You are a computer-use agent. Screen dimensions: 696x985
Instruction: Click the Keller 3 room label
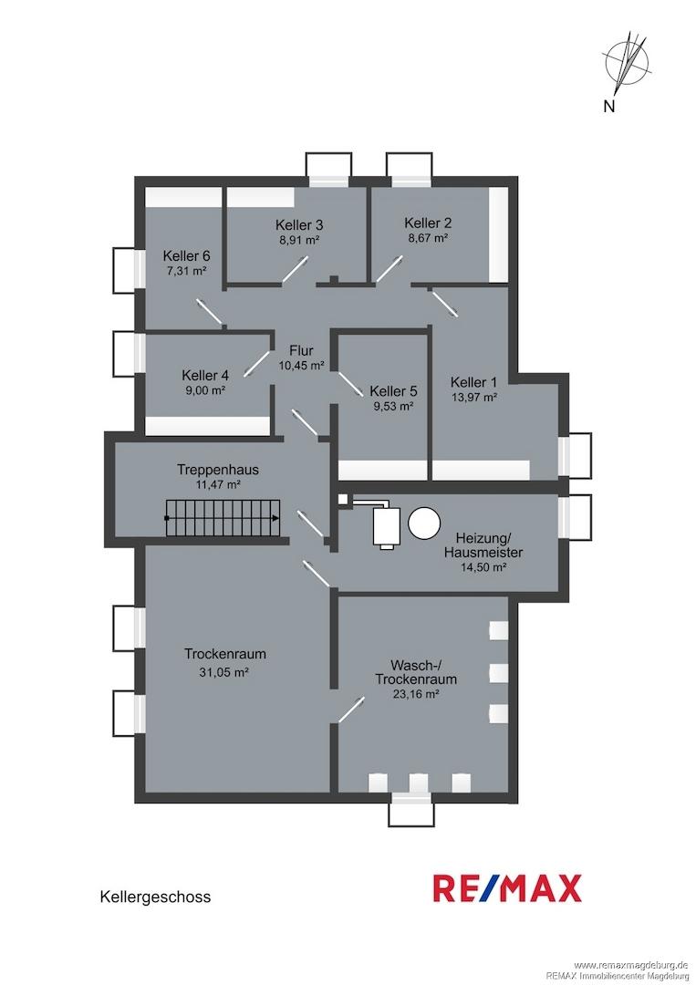[299, 225]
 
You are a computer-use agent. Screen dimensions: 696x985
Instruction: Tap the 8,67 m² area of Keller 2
[427, 238]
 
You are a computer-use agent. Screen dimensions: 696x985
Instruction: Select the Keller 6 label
[187, 256]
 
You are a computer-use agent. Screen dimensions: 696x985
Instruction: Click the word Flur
[301, 350]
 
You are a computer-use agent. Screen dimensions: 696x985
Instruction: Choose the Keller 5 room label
[393, 390]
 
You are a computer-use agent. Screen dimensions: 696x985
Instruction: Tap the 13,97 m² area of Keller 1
[474, 397]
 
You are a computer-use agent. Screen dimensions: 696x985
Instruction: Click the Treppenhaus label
[218, 470]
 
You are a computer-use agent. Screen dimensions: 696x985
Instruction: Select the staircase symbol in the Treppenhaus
[223, 518]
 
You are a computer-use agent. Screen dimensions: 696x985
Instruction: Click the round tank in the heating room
[424, 523]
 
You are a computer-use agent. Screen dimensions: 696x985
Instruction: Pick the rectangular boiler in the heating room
[388, 526]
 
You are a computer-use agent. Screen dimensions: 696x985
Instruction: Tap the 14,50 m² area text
[483, 567]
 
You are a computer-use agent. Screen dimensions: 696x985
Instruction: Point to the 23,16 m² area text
[415, 694]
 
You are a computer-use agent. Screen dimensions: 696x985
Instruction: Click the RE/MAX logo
[507, 888]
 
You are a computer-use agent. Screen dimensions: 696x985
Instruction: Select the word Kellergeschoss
[155, 897]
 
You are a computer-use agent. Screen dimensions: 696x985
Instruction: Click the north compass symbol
[626, 60]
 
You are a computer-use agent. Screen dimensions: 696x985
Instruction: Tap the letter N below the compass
[608, 107]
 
